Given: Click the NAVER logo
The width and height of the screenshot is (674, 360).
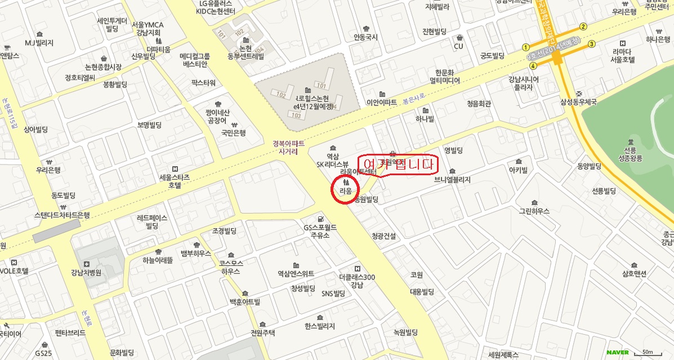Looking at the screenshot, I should tap(617, 352).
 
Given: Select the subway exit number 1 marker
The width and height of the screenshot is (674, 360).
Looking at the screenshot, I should tap(526, 47).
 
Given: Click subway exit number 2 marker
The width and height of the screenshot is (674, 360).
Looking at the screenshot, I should tap(583, 26).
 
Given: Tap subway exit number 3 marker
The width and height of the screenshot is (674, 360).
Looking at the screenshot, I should tap(591, 44).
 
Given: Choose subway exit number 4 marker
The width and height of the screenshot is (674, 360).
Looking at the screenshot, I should tap(533, 66).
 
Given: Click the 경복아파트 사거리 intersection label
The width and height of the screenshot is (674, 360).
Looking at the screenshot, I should tap(285, 148).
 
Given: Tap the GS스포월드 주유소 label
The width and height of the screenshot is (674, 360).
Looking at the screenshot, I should tap(320, 231).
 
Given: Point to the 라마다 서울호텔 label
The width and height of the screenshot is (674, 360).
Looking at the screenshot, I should tap(623, 55).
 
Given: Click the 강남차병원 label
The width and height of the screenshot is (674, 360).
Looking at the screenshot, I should tap(86, 273).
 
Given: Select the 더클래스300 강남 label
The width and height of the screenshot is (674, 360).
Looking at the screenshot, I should tap(357, 281).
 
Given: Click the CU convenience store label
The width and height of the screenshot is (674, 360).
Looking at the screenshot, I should tap(458, 46).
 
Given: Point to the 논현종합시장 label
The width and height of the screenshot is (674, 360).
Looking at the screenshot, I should tap(104, 66).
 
